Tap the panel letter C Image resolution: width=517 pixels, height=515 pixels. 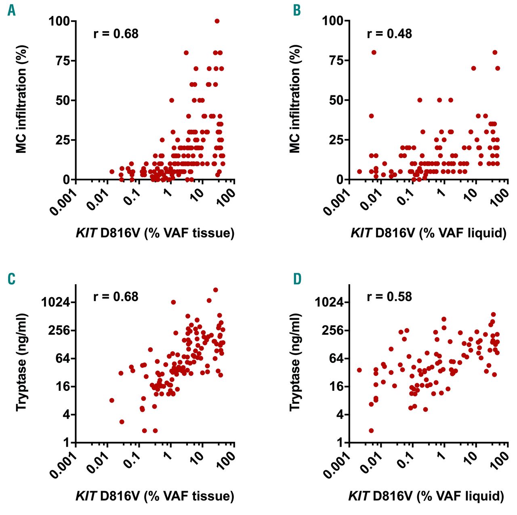[x=12, y=279]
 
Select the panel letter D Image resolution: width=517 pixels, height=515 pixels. [x=297, y=279]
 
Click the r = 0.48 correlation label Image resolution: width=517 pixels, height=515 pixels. [x=389, y=34]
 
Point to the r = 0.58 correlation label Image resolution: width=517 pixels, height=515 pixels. [x=389, y=297]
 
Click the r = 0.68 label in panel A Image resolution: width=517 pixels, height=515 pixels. [x=116, y=34]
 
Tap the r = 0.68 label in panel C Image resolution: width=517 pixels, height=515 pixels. [x=116, y=297]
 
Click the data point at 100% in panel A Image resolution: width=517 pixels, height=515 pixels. [x=217, y=21]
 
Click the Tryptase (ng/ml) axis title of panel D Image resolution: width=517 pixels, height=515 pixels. [x=295, y=362]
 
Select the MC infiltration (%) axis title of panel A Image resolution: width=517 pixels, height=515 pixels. [x=21, y=99]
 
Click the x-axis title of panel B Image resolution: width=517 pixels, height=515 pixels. [x=428, y=233]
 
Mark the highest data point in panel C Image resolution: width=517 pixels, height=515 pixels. [x=216, y=290]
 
